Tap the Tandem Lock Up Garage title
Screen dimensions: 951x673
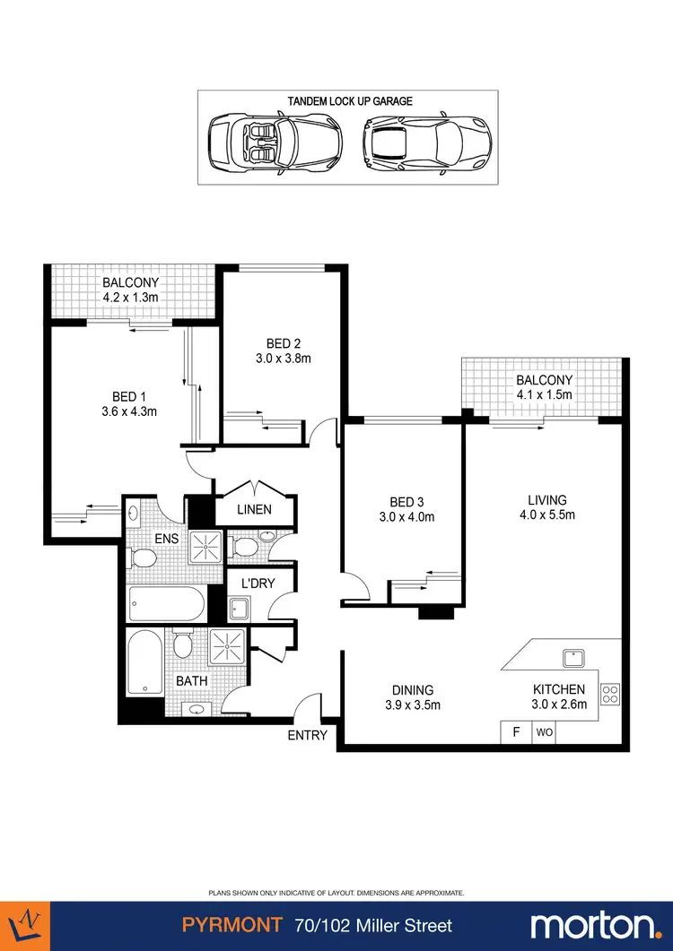(x=350, y=101)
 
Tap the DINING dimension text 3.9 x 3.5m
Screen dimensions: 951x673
(x=412, y=705)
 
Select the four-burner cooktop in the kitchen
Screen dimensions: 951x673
(x=609, y=693)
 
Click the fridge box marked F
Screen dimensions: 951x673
(x=516, y=732)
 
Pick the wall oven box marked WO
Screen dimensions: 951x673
(x=544, y=732)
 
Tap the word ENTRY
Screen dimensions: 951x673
(x=307, y=736)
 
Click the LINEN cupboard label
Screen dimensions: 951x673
(x=253, y=510)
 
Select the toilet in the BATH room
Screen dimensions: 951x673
(x=183, y=644)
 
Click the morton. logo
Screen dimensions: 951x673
(x=595, y=925)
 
